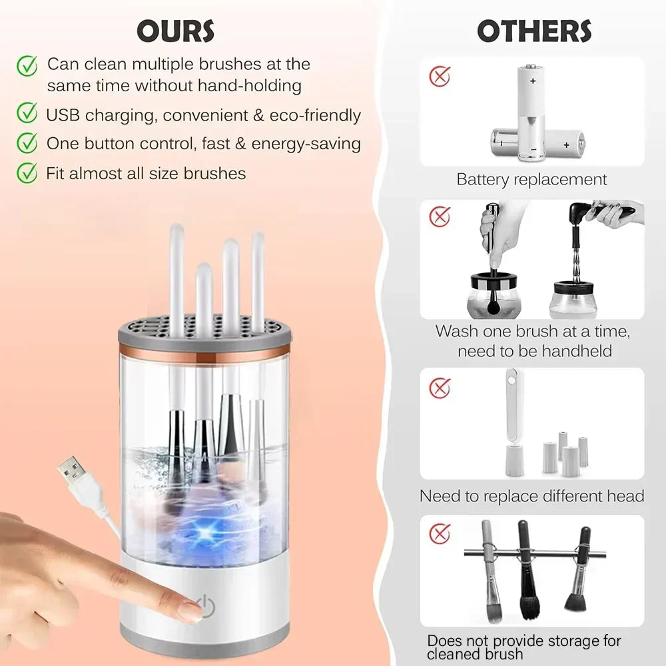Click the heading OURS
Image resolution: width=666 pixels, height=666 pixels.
[175, 31]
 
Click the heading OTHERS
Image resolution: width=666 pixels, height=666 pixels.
[533, 31]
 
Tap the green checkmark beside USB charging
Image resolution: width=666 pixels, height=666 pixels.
[27, 114]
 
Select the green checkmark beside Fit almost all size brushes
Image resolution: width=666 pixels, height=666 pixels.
[27, 173]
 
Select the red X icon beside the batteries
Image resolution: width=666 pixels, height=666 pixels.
[439, 75]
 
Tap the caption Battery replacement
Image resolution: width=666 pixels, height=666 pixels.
[531, 179]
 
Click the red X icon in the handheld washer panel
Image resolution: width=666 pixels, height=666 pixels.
[439, 216]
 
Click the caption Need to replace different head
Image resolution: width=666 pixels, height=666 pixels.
[531, 496]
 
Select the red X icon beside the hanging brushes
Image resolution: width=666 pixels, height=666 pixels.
[439, 533]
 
